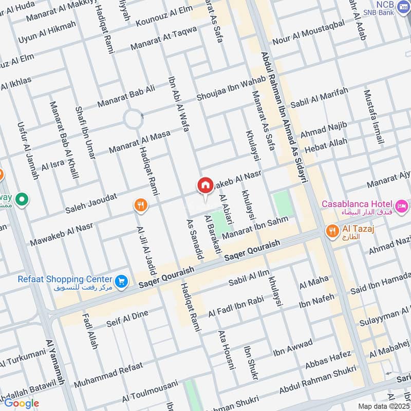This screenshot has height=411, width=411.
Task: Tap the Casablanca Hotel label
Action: pyautogui.click(x=357, y=204)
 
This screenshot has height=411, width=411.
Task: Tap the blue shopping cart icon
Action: pyautogui.click(x=121, y=281)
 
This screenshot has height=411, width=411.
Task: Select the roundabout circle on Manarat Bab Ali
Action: pyautogui.click(x=133, y=120)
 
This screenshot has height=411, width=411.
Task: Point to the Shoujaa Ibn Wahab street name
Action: pyautogui.click(x=231, y=89)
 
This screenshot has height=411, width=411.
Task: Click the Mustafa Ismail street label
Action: pyautogui.click(x=373, y=117)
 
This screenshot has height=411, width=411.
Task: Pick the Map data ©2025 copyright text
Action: pyautogui.click(x=383, y=406)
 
